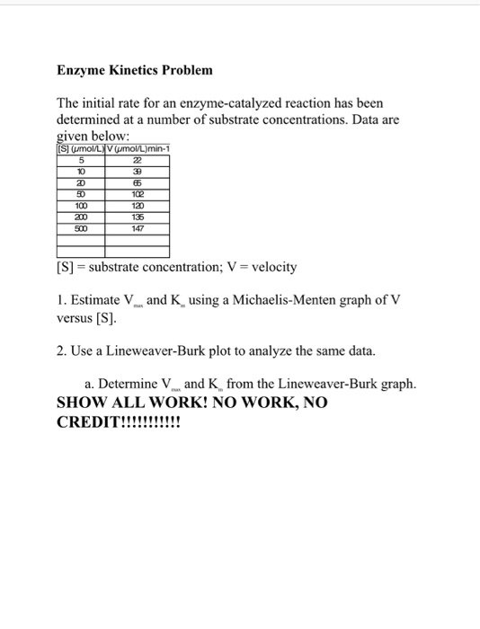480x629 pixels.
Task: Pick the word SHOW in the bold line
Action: click(81, 403)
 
